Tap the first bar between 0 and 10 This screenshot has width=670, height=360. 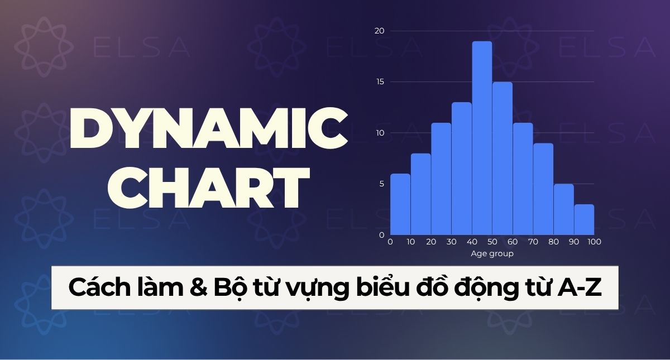click(400, 204)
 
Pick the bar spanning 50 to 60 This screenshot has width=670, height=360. click(502, 159)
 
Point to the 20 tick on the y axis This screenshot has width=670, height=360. click(380, 31)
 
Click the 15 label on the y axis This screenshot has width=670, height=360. click(380, 82)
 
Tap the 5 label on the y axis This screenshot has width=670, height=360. click(381, 184)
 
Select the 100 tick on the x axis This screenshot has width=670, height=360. click(594, 242)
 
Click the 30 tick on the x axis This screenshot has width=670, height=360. click(451, 242)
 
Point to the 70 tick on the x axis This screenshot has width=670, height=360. click(533, 242)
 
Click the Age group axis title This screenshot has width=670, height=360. click(492, 254)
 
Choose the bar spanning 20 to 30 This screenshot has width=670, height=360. click(441, 179)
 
